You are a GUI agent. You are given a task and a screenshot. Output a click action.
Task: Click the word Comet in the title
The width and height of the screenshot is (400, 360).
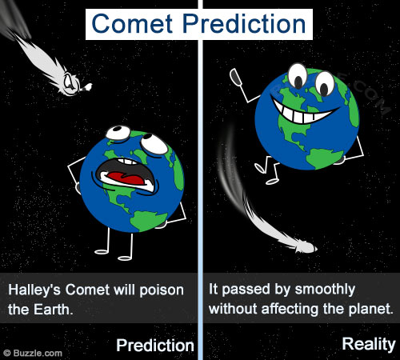[x=132, y=23]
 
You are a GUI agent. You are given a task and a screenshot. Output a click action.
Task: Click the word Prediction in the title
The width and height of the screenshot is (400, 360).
[x=244, y=23]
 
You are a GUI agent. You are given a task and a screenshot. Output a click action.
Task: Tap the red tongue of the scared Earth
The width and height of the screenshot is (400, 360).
[x=126, y=178]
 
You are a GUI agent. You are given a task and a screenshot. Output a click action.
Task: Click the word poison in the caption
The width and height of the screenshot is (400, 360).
[x=162, y=290]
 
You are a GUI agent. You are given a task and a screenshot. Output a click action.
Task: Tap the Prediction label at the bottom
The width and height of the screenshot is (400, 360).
[x=155, y=346]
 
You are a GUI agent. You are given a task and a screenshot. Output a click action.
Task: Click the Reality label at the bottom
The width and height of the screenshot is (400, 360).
[x=369, y=344]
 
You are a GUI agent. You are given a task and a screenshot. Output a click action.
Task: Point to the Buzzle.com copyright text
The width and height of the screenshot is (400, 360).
[x=34, y=354]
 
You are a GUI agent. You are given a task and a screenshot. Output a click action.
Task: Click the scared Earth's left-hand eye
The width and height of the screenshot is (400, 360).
[x=118, y=133]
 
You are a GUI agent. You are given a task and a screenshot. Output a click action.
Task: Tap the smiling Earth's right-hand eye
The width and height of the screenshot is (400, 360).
[x=325, y=83]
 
